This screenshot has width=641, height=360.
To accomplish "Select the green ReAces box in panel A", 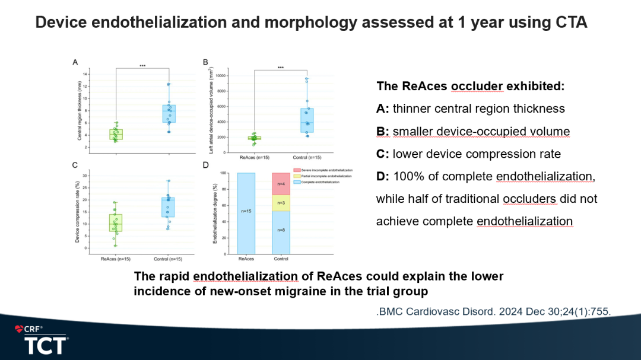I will click(x=115, y=135).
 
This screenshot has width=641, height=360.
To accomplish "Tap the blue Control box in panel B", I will click(x=306, y=120).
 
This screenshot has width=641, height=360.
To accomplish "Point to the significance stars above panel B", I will click(x=280, y=67).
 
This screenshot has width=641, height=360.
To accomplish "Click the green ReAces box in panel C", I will click(x=115, y=222).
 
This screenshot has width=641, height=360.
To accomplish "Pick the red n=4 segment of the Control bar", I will click(x=281, y=184).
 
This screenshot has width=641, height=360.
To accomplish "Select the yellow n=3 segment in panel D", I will click(x=281, y=203).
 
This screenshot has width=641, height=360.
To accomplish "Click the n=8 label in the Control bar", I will click(x=281, y=230).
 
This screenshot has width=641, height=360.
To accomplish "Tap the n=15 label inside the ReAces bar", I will click(x=246, y=211).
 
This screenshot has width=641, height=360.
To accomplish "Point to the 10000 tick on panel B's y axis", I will click(x=218, y=76).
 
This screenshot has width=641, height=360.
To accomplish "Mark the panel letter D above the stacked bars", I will click(x=205, y=165).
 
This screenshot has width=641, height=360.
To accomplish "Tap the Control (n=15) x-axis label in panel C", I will click(x=168, y=259).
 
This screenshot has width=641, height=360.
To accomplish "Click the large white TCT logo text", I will click(x=46, y=345).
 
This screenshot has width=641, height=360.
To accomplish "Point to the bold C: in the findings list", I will click(x=382, y=154).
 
